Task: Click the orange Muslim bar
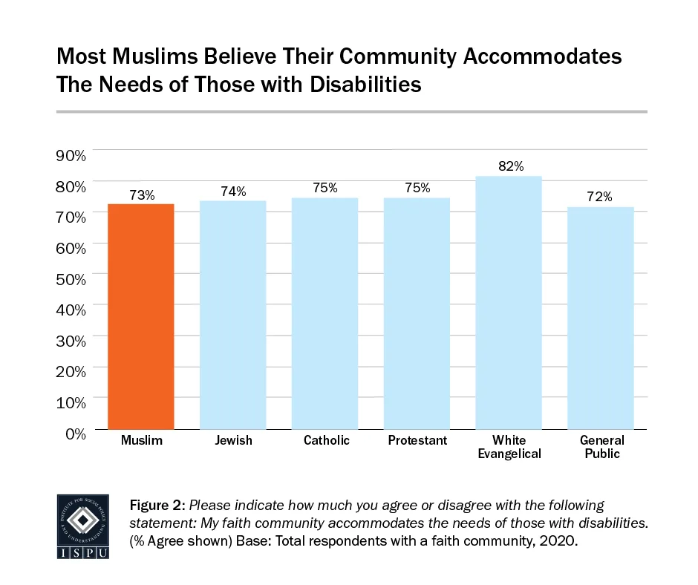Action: [141, 316]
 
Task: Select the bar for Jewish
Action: [233, 315]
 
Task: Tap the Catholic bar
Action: [325, 313]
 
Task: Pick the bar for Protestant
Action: [417, 313]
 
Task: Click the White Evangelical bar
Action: [509, 303]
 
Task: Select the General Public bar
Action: [601, 318]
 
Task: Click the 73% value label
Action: [141, 195]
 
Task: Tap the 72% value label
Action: [600, 197]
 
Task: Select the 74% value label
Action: [233, 192]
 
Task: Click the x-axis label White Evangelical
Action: [509, 447]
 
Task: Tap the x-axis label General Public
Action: [601, 447]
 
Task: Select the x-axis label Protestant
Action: [417, 441]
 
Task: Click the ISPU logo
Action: [82, 526]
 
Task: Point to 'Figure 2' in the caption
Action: [154, 506]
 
